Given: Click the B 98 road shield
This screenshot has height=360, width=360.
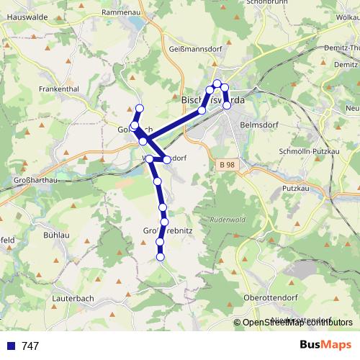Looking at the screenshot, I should (228, 165).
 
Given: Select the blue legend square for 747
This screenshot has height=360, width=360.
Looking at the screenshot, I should (12, 346).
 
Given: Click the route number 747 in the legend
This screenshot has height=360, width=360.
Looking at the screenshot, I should (30, 346).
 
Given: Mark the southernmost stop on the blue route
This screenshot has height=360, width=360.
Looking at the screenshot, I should (160, 257).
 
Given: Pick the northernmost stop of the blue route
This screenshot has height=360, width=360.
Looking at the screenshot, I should (217, 84).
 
